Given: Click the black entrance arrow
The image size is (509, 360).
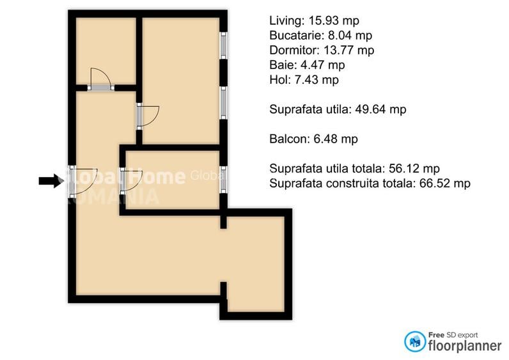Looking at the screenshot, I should coord(50,181).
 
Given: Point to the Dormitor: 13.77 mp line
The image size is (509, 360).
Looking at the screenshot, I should coord(322,51).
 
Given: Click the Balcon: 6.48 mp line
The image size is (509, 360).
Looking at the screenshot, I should coord(313,139).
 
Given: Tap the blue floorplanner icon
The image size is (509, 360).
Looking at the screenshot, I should coord(416,341).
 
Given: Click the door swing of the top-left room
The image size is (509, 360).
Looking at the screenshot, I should coord(101,78).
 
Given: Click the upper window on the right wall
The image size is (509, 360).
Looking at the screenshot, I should coord(223,45).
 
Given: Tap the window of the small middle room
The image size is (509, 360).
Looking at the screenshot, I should coord(223,179).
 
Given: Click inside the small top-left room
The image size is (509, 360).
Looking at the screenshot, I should coord(106,50).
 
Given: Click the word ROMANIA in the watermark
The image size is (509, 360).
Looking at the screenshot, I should coord(113,195).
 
